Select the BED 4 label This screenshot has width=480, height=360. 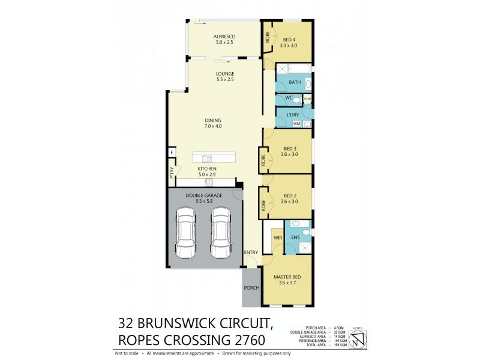pos(289,40)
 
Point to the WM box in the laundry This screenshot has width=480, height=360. pos(296,124)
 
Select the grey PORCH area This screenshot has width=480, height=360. pos(251,288)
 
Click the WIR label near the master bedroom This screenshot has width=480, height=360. pos(278,238)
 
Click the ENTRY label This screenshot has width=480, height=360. pos(251,253)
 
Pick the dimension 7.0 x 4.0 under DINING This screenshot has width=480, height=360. pos(213,126)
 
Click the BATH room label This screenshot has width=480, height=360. pos(294,82)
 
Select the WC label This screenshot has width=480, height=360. pos(288,98)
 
